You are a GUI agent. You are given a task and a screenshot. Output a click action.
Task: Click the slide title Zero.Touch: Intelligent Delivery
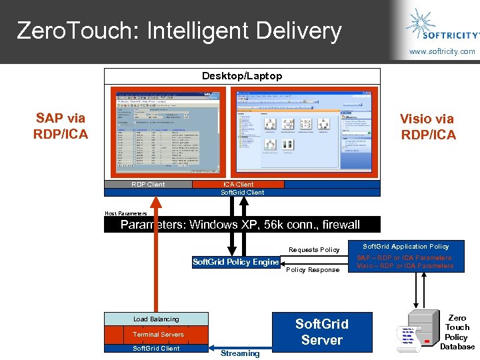(x=179, y=31)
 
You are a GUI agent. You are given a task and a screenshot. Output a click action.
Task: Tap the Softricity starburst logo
(x=421, y=23)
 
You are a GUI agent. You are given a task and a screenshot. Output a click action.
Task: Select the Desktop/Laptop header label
(x=242, y=76)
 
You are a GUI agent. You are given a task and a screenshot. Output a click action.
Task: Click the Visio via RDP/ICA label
(x=427, y=127)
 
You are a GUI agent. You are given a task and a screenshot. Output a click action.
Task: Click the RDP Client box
(x=148, y=185)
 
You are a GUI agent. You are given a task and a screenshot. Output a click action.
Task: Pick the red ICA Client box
(x=238, y=184)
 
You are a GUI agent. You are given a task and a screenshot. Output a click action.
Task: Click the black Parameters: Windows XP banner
(x=241, y=225)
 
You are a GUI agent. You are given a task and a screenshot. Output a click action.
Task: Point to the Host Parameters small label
(x=125, y=213)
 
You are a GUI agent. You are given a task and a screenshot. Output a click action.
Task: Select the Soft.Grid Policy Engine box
(x=235, y=262)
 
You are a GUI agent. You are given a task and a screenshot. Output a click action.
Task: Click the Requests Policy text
(x=314, y=250)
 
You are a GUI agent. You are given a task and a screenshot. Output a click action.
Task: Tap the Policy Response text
(x=313, y=270)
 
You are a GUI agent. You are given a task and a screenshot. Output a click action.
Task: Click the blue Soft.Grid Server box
(x=321, y=332)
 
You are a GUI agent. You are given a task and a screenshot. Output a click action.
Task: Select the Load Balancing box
(x=156, y=319)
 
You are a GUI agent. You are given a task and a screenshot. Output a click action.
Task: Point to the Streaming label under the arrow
(x=240, y=353)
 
